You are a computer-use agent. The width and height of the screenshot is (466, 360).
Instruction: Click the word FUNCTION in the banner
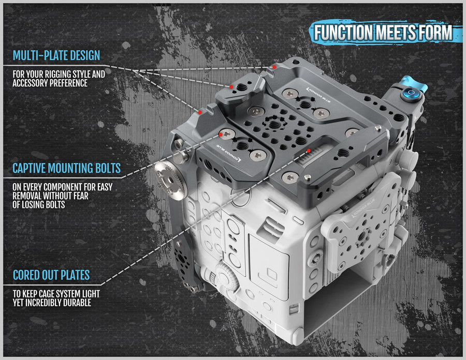[x=343, y=33]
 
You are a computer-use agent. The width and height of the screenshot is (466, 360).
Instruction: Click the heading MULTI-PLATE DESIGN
[x=56, y=55]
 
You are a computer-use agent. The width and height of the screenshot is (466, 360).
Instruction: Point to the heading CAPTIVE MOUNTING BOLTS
[x=67, y=168]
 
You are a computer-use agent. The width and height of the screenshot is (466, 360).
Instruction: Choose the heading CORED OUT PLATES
[x=51, y=275]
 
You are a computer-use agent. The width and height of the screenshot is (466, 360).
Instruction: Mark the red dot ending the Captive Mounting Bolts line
[x=221, y=134]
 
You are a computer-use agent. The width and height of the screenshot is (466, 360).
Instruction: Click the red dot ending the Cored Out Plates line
[x=309, y=151]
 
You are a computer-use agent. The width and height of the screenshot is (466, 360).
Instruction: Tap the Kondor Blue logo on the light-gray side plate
[x=363, y=208]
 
